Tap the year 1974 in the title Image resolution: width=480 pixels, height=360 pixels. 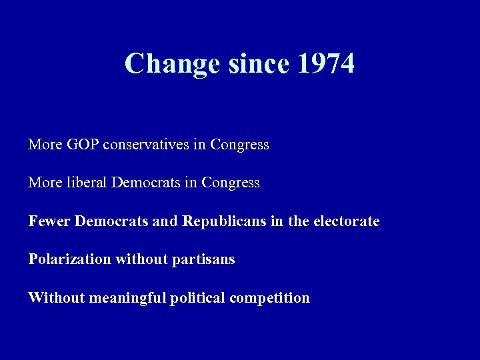[326, 64]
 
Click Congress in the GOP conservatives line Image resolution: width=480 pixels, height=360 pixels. [239, 144]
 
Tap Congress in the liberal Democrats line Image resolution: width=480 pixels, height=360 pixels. [230, 183]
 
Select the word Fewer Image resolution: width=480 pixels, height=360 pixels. [49, 221]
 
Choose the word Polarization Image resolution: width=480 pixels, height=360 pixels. [69, 259]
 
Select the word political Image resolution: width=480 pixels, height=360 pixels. [198, 298]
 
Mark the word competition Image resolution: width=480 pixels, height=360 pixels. [269, 298]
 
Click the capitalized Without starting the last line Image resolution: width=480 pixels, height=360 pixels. [50, 298]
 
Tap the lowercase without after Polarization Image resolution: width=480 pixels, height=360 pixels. [141, 259]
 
